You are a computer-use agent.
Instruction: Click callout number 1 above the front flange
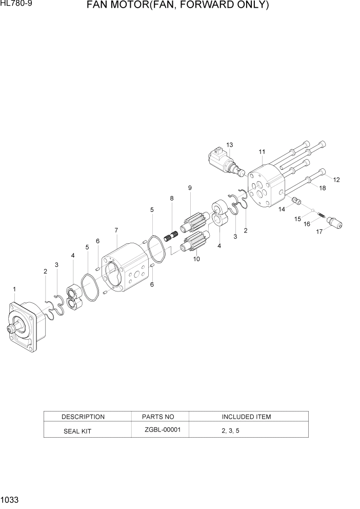tap(14, 289)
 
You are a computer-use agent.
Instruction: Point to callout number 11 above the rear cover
tap(262, 151)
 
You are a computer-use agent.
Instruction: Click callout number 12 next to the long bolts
tap(336, 180)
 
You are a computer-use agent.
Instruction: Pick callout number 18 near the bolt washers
tap(322, 188)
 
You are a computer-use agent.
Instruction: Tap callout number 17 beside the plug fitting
tap(319, 231)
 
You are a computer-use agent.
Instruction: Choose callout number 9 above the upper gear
tap(190, 188)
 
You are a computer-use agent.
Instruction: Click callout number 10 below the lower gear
tap(196, 259)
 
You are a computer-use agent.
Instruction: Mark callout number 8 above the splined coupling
tap(172, 198)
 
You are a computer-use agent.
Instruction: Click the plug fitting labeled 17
tap(335, 223)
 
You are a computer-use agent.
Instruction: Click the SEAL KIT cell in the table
tap(77, 431)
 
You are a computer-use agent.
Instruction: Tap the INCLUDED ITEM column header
tap(246, 417)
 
